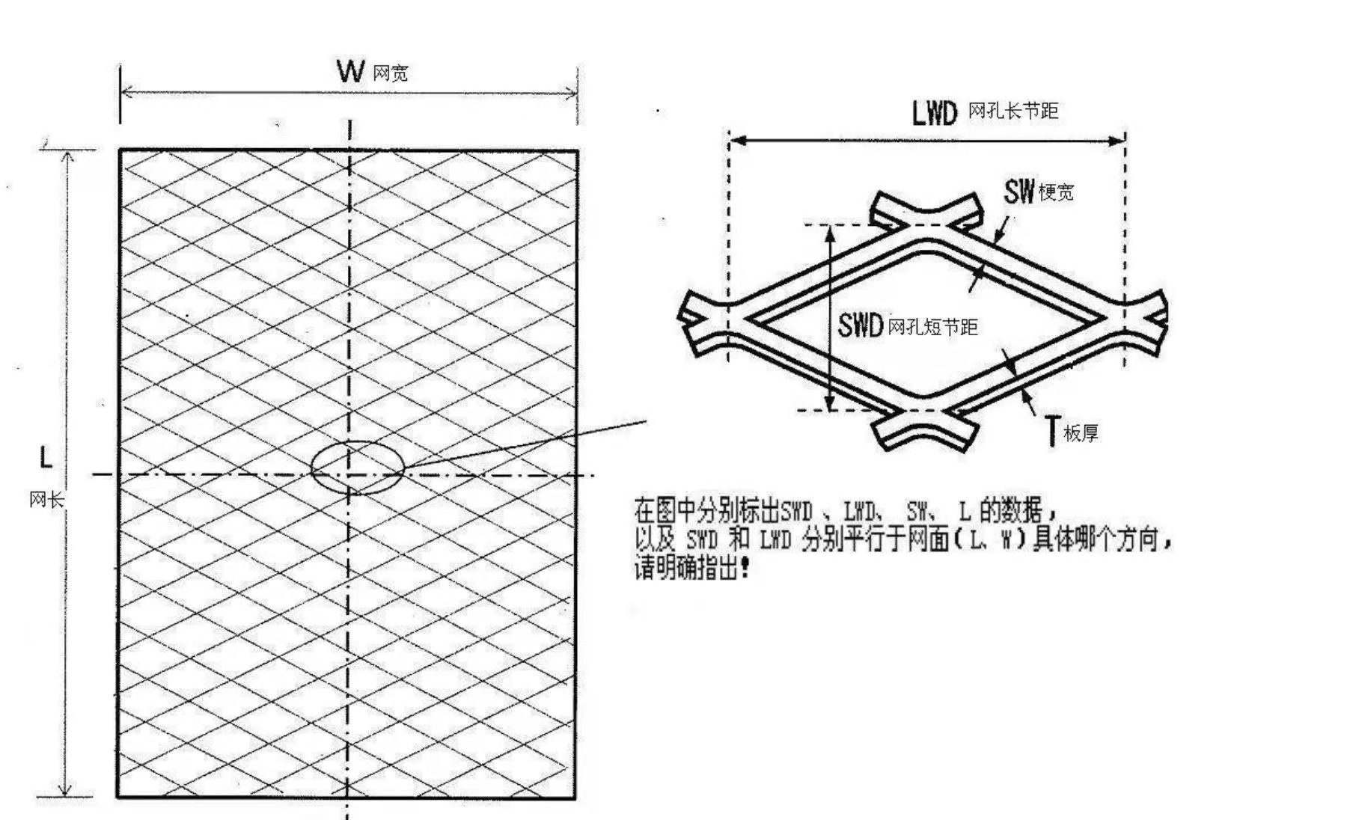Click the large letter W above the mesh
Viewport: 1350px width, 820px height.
point(350,71)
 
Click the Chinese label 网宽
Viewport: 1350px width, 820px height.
point(391,73)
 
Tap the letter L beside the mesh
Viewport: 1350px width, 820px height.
point(46,457)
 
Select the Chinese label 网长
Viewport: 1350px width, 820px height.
point(46,500)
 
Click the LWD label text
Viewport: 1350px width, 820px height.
point(935,112)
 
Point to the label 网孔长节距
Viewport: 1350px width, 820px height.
point(1013,111)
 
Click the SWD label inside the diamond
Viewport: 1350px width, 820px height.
point(861,325)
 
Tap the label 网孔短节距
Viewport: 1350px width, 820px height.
point(932,327)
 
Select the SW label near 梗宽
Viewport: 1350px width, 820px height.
point(1019,192)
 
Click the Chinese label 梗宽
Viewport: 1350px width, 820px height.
point(1056,193)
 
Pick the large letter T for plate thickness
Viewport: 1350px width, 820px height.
point(1053,430)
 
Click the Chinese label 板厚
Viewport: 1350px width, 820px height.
point(1081,433)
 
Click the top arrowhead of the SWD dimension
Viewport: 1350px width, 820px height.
point(830,233)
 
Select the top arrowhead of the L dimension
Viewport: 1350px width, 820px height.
point(67,158)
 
